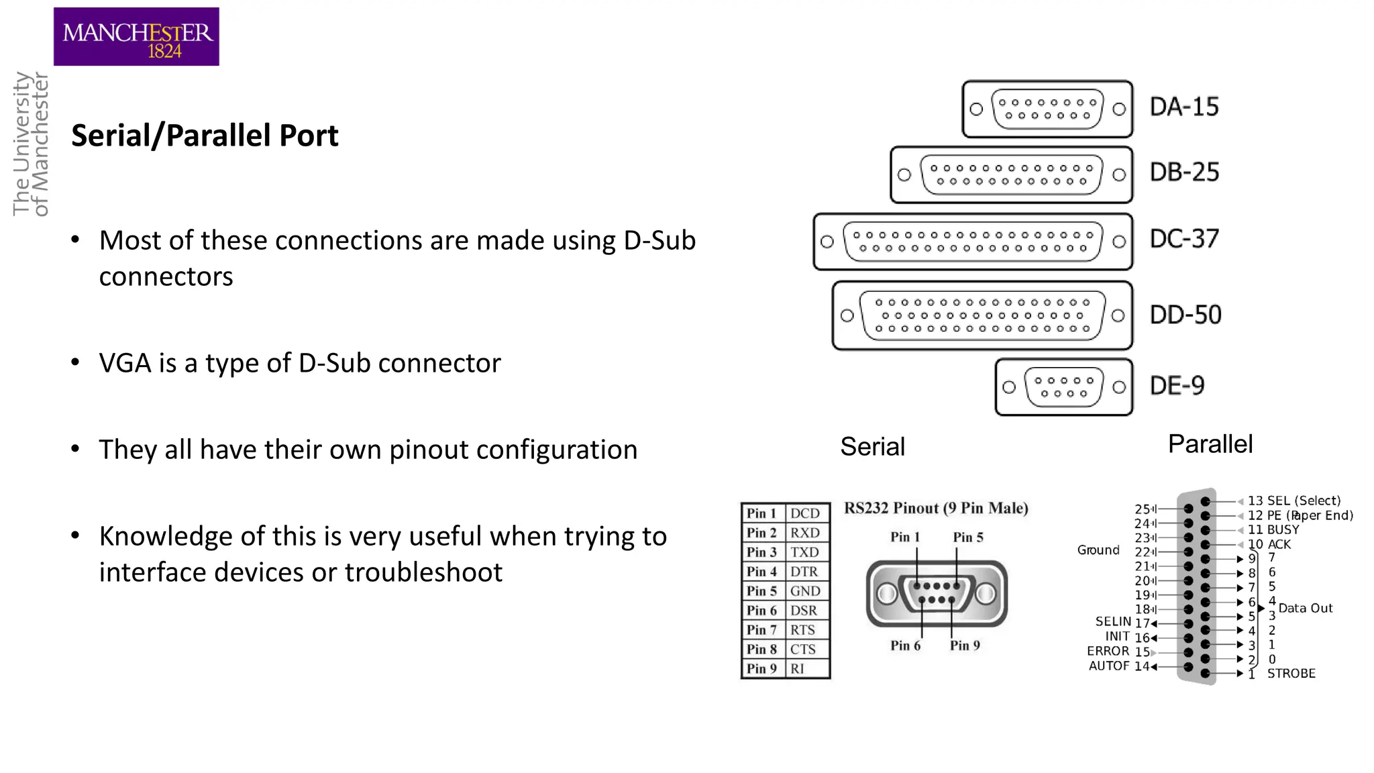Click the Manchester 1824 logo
coord(136,37)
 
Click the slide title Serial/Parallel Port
coord(205,136)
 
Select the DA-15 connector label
coord(1184,107)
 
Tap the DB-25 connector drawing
coord(1011,175)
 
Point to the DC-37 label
coord(1184,239)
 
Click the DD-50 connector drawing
coord(982,315)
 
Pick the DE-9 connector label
coord(1177,386)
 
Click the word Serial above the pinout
coord(872,447)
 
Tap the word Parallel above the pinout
coord(1210,444)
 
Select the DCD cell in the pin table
coord(805,513)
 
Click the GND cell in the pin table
coord(805,591)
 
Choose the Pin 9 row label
coord(761,669)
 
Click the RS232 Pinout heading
coord(935,508)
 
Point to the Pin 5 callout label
coord(967,537)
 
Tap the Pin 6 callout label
coord(905,646)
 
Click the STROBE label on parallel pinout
coord(1291,674)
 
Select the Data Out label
coord(1305,609)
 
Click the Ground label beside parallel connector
coord(1098,550)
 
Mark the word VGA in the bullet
coord(125,364)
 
